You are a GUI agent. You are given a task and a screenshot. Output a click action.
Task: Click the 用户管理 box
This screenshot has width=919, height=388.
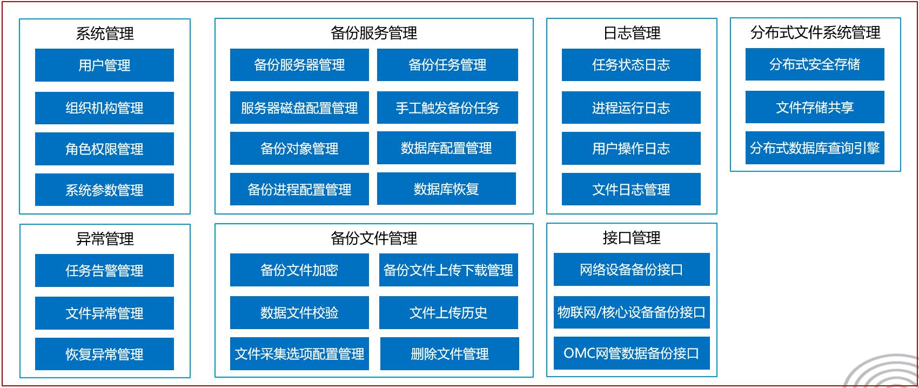[x=104, y=65]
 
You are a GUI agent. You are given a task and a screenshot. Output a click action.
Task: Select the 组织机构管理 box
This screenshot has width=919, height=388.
[x=104, y=108]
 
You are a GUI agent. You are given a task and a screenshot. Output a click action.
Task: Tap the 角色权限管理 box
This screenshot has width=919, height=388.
[x=104, y=149]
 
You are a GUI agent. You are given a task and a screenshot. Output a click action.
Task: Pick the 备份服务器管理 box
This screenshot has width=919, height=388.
[x=299, y=65]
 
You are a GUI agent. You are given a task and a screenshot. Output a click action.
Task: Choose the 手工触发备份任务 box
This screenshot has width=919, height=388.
[x=447, y=108]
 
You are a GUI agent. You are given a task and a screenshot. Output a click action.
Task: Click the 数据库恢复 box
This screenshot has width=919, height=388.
[x=446, y=189]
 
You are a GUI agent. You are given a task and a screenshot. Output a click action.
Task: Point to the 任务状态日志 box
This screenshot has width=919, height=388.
[x=631, y=65]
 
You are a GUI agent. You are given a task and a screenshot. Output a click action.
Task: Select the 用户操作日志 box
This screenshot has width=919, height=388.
[x=631, y=149]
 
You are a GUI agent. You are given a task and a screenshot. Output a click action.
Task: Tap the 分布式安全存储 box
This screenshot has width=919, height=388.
[x=815, y=64]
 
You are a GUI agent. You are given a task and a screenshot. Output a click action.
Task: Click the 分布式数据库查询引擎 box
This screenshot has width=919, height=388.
[x=815, y=148]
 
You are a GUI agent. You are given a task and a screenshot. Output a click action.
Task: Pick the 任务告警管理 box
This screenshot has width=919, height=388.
[x=104, y=271]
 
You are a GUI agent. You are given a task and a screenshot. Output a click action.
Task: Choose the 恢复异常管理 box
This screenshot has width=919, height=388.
[x=104, y=354]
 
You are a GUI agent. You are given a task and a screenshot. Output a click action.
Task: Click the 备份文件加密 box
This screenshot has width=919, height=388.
[x=299, y=270]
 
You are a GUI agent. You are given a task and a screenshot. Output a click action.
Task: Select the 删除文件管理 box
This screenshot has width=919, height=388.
[x=450, y=353]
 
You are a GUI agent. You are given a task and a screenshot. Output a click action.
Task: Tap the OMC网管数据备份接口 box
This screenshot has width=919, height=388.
[x=632, y=353]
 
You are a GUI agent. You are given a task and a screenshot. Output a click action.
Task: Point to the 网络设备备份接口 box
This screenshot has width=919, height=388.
[x=632, y=270]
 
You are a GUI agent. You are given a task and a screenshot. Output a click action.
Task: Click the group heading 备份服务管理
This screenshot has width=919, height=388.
[x=374, y=33]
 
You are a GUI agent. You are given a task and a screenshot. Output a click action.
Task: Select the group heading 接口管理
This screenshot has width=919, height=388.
[x=632, y=238]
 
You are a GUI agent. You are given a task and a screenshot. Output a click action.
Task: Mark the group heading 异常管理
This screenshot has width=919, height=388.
[x=105, y=239]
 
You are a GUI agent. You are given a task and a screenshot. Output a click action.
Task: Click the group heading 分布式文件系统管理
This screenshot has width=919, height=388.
[x=816, y=32]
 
